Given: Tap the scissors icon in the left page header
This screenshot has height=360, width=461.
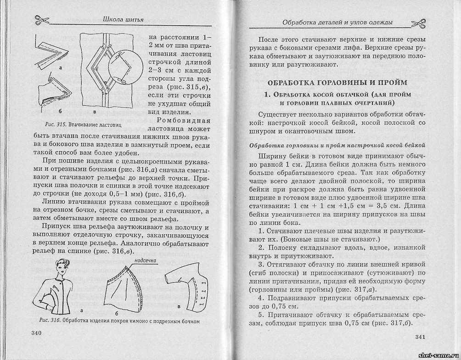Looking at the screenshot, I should pos(38,20).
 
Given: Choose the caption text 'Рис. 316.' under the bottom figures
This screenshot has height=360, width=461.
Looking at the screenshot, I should pos(48,320).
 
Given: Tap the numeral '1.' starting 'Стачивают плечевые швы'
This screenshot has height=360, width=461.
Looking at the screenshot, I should pos(261,230).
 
